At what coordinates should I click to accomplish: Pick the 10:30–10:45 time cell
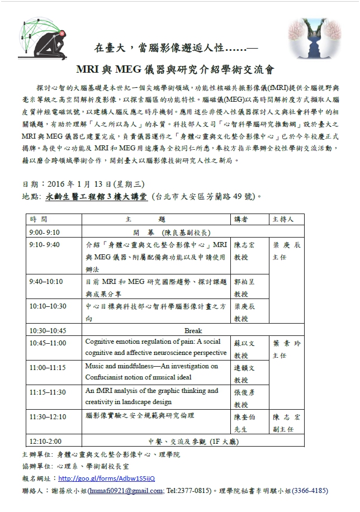pyautogui.click(x=48, y=330)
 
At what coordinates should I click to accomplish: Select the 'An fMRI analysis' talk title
pyautogui.click(x=151, y=396)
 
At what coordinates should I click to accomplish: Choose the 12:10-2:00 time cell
pyautogui.click(x=45, y=440)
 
